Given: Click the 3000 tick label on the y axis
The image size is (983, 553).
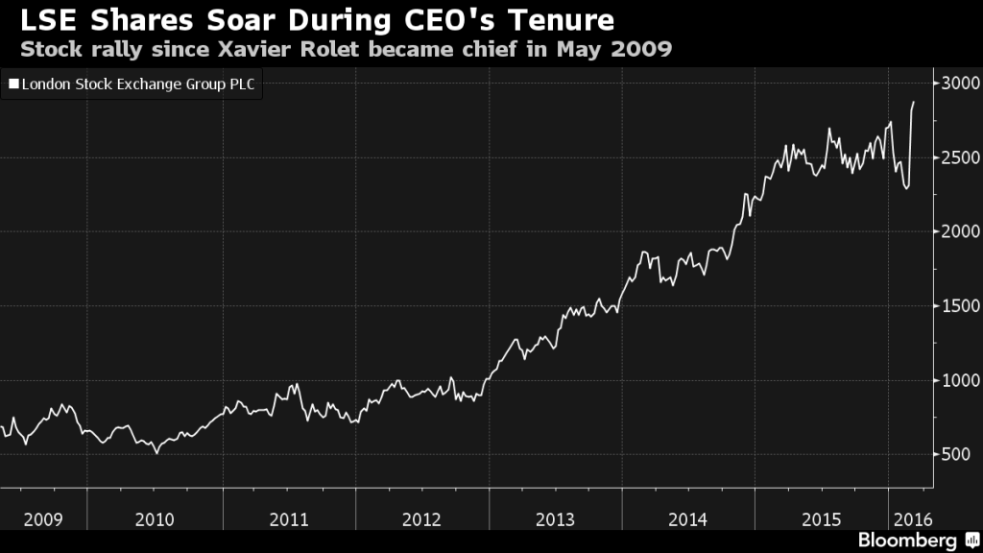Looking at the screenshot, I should pos(960,84).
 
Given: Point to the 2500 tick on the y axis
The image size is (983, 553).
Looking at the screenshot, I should pos(960,157).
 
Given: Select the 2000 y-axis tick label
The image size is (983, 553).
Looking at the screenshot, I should pos(960,231).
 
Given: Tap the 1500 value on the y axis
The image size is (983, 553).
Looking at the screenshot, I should pos(960,305).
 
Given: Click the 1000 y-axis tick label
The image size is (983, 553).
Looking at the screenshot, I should pos(960,380).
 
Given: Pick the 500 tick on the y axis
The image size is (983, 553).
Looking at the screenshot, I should pos(956,454).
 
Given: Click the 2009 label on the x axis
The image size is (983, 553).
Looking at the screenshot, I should pos(43,519).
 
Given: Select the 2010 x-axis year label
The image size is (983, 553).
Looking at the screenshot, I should pos(155,519).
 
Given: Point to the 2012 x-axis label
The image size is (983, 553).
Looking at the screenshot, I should pos(421,519).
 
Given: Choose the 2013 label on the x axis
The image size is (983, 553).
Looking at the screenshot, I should pos(555,519).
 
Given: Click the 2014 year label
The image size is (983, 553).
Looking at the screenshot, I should pos(688,519).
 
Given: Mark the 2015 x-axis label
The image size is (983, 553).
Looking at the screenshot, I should pos(821,519).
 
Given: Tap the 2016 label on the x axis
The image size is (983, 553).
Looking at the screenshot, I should pos(909,519).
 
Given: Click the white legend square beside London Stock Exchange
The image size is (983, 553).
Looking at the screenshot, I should pos(12,84).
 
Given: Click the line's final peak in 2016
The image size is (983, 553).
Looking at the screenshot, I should pos(913,102).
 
